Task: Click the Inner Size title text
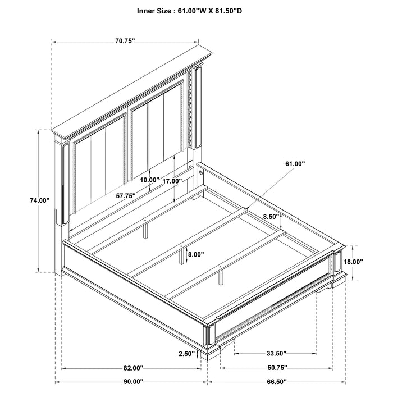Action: coord(196,10)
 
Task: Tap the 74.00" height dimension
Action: coord(40,200)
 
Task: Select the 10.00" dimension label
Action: coord(150,180)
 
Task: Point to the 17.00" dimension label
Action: coord(173,181)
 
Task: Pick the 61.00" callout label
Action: coord(294,163)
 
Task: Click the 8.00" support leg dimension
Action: coord(196,254)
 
